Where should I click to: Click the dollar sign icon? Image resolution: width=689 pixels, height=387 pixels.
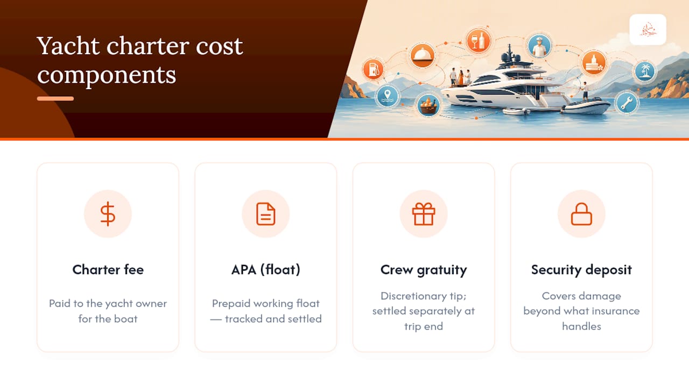tap(108, 214)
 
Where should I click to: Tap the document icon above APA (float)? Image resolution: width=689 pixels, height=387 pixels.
tap(266, 214)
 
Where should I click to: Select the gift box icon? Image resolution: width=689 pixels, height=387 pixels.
tap(424, 214)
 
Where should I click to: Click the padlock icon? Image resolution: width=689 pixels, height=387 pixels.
tap(581, 214)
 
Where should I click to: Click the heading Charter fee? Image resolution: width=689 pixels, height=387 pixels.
tap(108, 270)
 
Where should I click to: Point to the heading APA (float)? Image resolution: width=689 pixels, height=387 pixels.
tap(266, 270)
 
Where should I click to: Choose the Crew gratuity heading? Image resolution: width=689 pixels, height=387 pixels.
tap(424, 270)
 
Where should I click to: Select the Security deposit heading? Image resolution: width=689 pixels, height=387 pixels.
tap(581, 270)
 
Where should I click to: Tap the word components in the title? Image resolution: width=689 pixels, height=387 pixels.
tap(107, 75)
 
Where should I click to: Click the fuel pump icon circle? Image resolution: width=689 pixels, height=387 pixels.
tap(374, 69)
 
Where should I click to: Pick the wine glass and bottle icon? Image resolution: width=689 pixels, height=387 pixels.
tap(478, 41)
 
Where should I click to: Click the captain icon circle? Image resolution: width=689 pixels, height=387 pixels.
tap(539, 46)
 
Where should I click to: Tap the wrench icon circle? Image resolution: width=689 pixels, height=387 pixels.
tap(627, 103)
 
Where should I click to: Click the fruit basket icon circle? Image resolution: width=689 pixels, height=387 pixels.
tap(428, 105)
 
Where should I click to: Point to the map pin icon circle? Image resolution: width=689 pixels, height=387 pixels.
tap(387, 96)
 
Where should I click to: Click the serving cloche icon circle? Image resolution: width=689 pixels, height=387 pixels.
tap(423, 55)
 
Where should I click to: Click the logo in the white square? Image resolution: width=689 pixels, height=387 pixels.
tap(648, 30)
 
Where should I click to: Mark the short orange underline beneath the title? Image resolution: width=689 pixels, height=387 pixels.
tap(55, 98)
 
